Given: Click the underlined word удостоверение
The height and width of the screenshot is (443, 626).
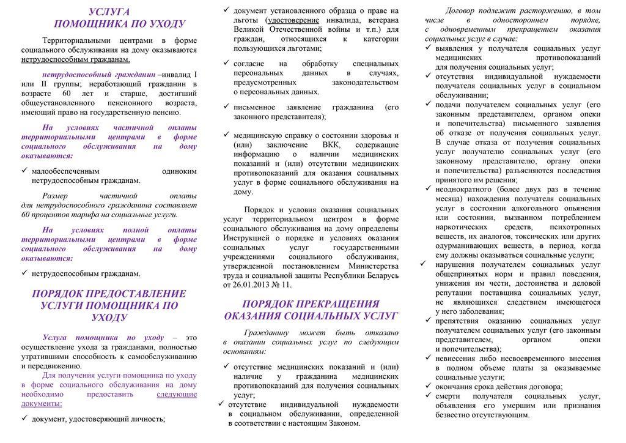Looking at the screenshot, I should click(x=293, y=20).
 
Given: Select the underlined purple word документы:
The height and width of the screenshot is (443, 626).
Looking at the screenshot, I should click(x=42, y=404).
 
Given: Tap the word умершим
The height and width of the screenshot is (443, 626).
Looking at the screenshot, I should click(x=520, y=405).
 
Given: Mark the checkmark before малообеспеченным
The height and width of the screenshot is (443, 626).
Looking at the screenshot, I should click(x=24, y=171).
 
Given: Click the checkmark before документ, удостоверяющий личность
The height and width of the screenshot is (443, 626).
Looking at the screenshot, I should click(x=24, y=419).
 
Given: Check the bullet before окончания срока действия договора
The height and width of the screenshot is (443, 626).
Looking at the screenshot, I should click(x=429, y=387).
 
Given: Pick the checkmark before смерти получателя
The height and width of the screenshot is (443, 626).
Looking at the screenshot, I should click(x=429, y=396).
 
